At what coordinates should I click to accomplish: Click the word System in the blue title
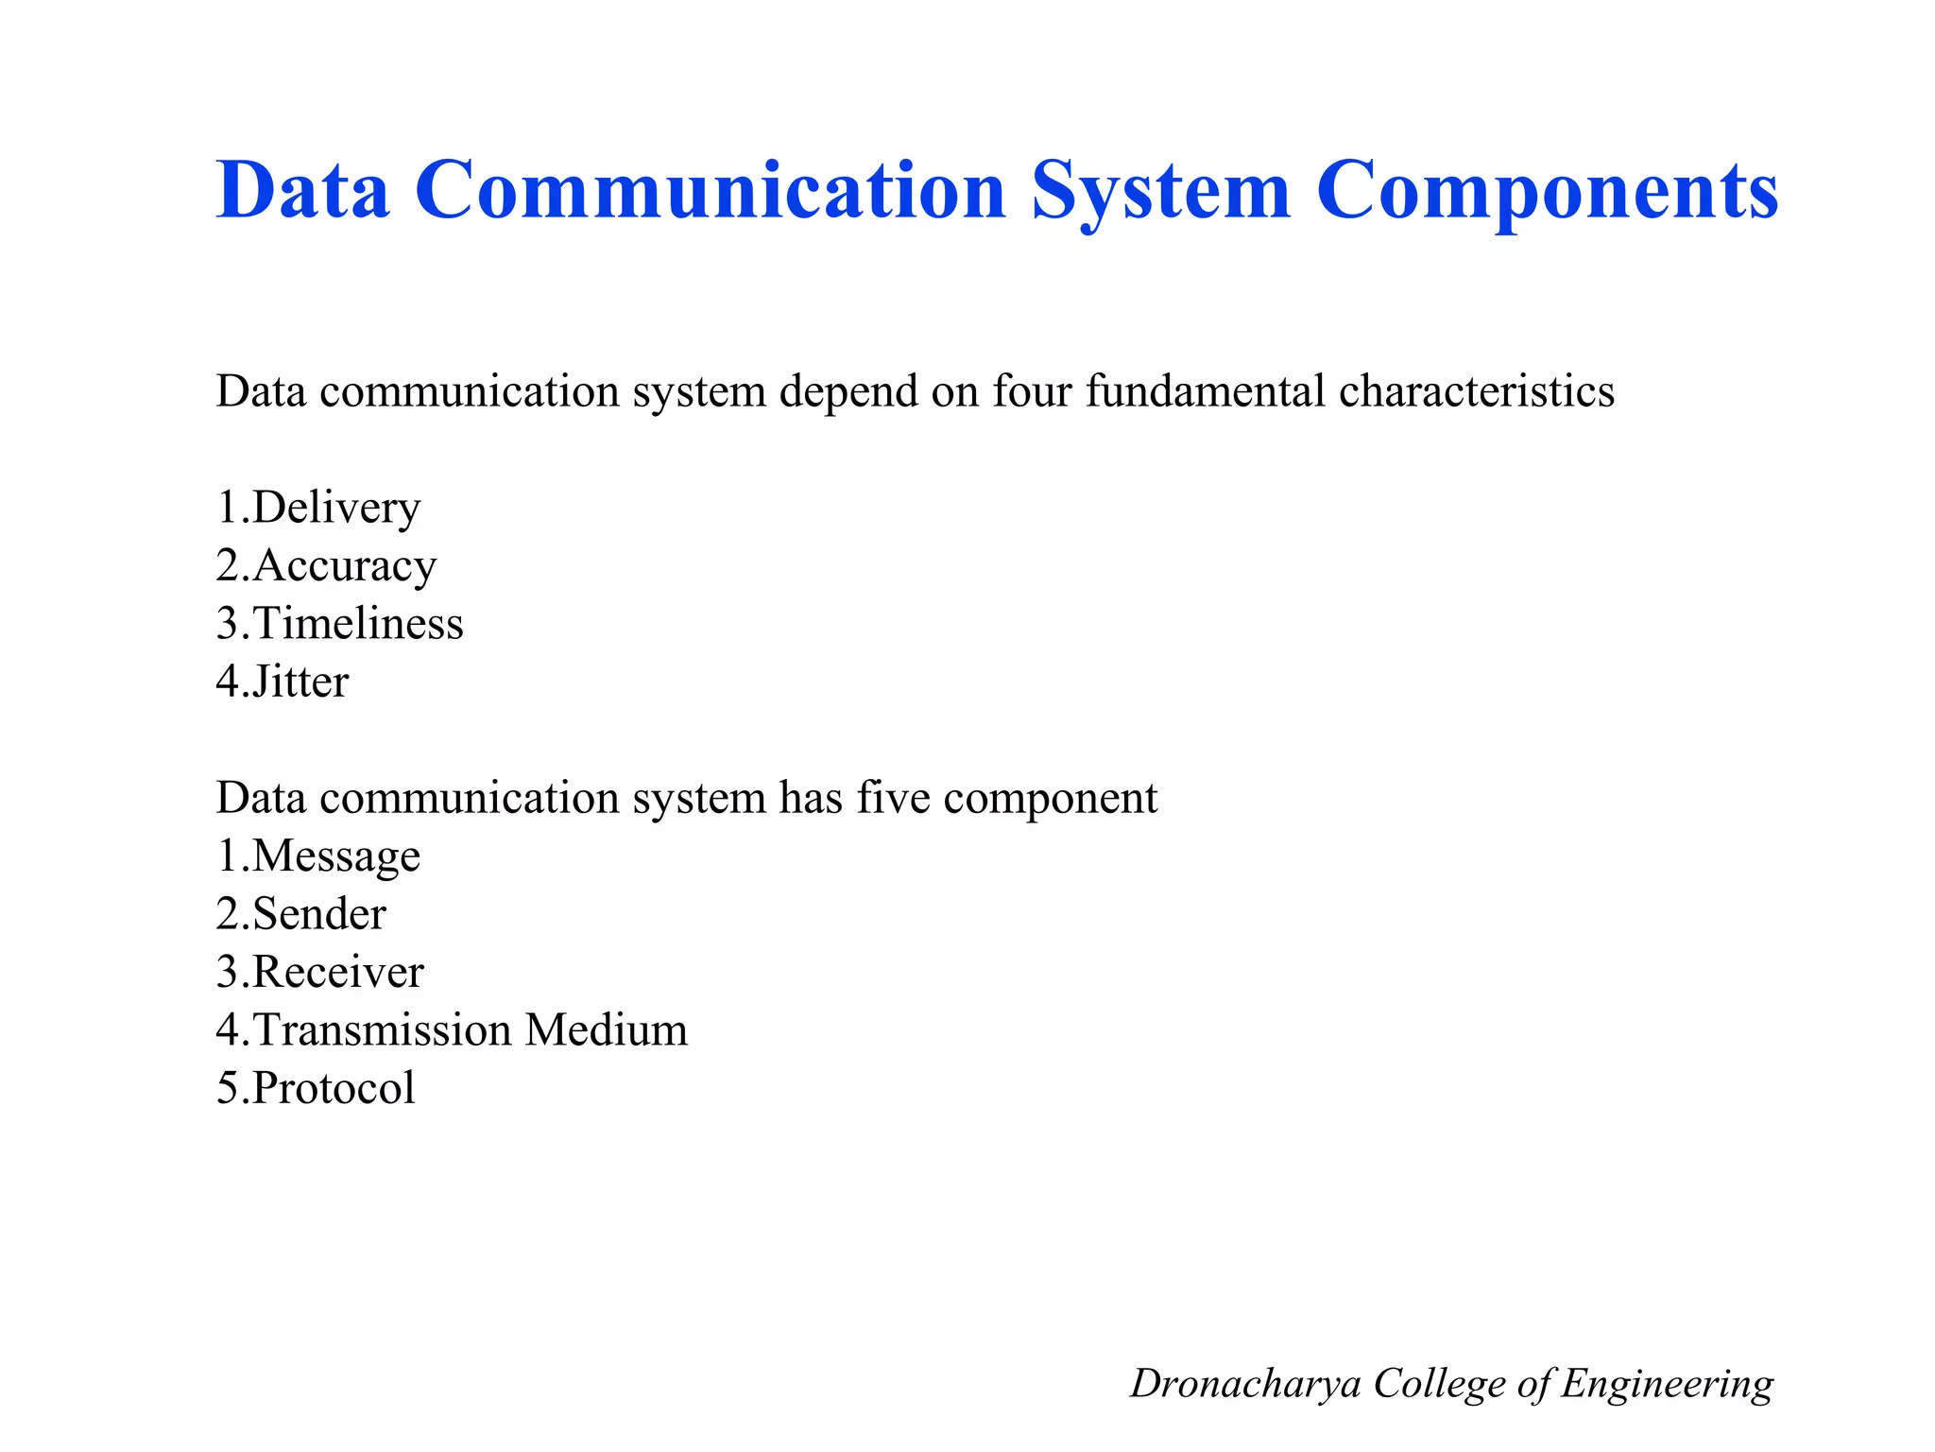pos(1160,192)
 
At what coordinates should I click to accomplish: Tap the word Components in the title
pos(1547,192)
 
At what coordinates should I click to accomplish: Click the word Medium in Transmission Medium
pos(607,1029)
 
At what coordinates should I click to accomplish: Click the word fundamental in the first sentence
pos(1205,391)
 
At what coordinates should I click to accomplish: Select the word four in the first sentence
pos(1032,391)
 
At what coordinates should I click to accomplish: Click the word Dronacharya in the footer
pos(1245,1383)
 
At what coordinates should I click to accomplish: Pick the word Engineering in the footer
pos(1667,1385)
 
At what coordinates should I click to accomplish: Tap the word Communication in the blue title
pos(711,192)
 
